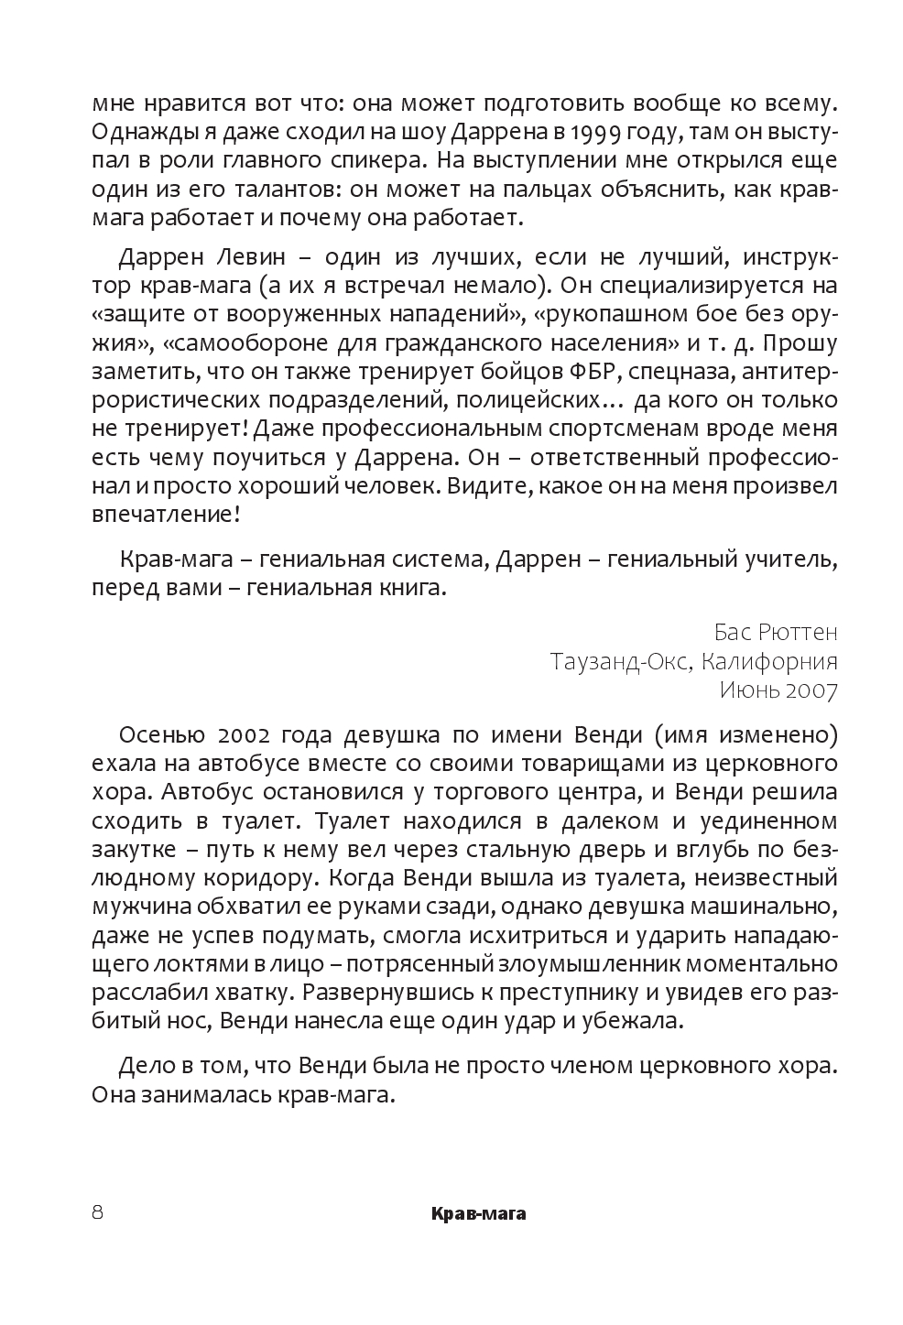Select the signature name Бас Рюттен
click(x=775, y=632)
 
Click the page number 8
click(x=97, y=1213)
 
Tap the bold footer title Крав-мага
click(x=478, y=1215)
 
